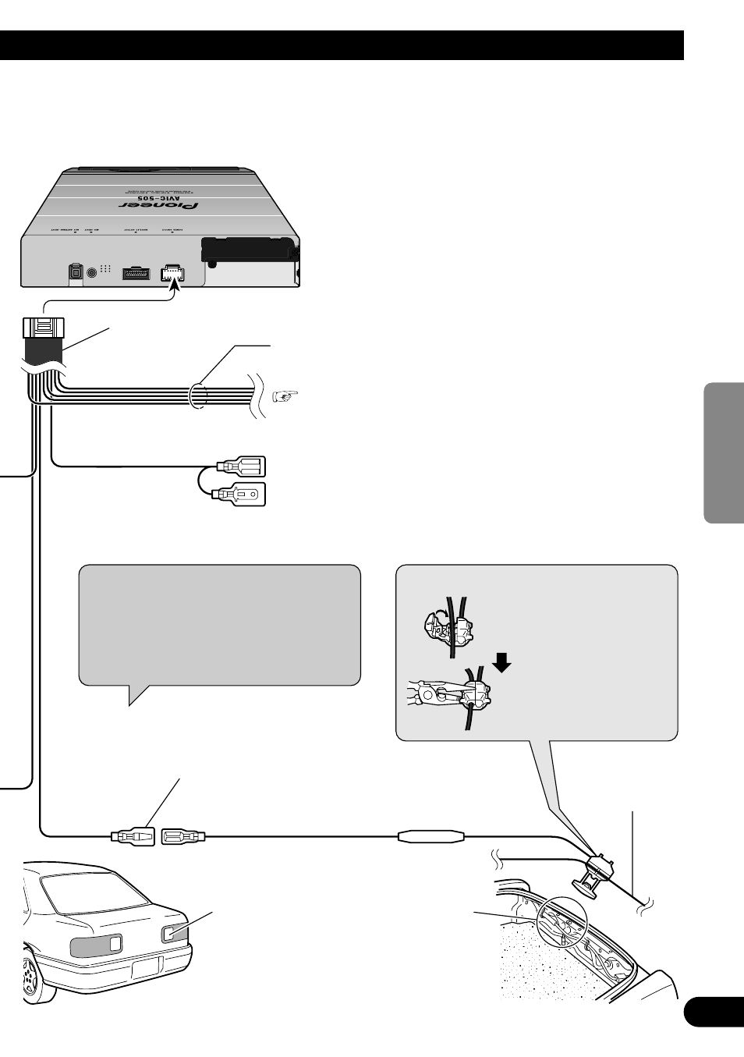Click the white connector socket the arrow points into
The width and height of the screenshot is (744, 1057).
(x=172, y=274)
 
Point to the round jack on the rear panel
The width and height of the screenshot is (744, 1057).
(x=94, y=272)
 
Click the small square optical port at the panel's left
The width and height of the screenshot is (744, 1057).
(x=75, y=272)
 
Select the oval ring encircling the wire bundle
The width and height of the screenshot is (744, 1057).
(x=198, y=394)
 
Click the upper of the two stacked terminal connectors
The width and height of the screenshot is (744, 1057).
(x=243, y=467)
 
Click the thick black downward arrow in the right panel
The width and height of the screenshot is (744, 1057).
(x=502, y=662)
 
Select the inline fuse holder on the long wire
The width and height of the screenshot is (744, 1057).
(x=431, y=837)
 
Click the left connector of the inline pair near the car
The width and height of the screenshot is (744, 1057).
(x=133, y=837)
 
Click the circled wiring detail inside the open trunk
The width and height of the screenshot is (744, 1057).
(x=561, y=920)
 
